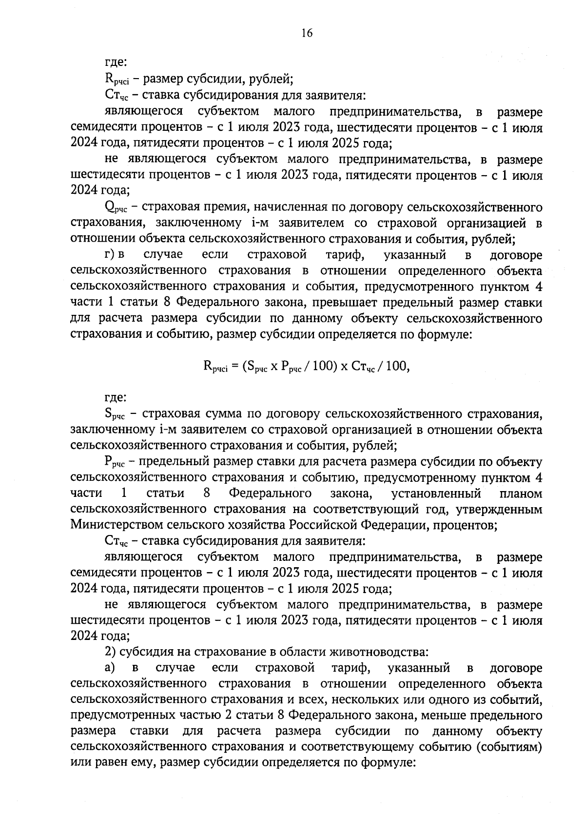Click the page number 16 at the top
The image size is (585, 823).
point(307,33)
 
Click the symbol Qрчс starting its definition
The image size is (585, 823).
point(116,208)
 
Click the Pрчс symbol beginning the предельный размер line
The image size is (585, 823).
point(115,462)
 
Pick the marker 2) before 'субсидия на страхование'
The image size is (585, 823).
point(110,652)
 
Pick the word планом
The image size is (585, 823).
point(521,493)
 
